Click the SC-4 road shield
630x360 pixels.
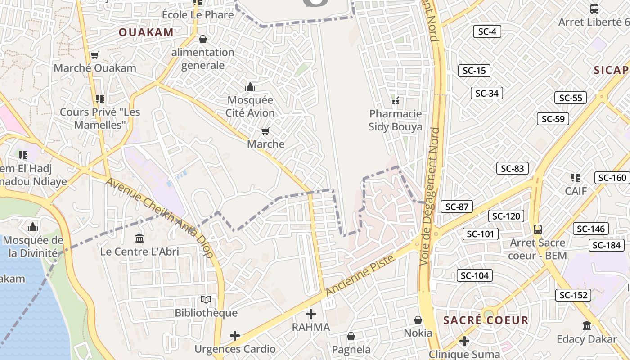[487, 31]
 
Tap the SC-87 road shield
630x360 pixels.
[457, 207]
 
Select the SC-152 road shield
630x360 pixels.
[573, 295]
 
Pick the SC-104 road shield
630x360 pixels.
[475, 275]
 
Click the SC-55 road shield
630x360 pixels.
[570, 98]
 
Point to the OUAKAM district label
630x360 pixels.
[146, 32]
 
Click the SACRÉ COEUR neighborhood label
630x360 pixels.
[486, 320]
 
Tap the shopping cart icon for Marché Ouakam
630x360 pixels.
[94, 55]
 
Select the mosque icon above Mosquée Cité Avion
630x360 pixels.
[250, 87]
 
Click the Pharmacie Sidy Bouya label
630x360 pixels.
[396, 120]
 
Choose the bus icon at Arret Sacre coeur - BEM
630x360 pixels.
[537, 229]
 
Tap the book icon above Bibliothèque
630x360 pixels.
[206, 300]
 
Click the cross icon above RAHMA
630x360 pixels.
[311, 314]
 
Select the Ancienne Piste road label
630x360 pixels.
[360, 275]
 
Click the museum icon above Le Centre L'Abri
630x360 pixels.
[139, 238]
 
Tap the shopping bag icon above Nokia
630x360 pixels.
[418, 320]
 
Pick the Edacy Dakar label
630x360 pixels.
[586, 339]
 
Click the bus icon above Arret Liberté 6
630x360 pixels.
[594, 9]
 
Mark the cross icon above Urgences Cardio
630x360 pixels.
[234, 336]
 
